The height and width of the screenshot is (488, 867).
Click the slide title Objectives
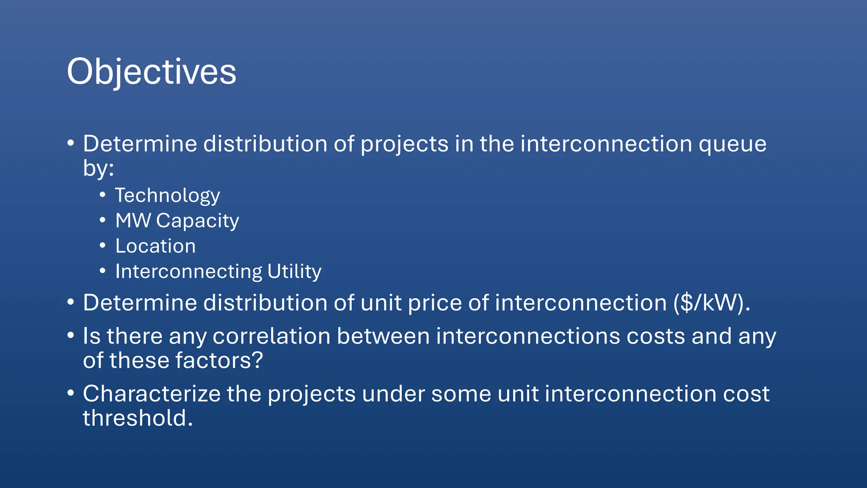[x=152, y=72]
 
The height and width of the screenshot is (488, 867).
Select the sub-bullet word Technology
[x=168, y=196]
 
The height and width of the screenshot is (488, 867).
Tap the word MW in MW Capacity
[x=133, y=221]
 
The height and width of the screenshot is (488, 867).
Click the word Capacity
[x=198, y=221]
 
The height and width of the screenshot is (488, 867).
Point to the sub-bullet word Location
[x=155, y=246]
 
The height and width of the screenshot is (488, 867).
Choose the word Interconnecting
[x=189, y=272]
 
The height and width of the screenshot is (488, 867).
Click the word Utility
[x=294, y=272]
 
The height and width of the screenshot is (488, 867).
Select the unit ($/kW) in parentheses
[x=712, y=303]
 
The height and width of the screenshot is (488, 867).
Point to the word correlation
[x=271, y=336]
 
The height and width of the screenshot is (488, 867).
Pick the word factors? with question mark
[x=219, y=360]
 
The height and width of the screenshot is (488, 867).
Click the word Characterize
[x=152, y=394]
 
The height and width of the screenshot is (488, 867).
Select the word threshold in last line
[x=138, y=418]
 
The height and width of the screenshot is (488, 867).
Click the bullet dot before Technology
[x=102, y=195]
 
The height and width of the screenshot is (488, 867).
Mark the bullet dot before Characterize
[x=71, y=393]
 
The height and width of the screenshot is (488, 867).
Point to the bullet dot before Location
[x=102, y=245]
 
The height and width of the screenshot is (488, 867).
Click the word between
[x=383, y=336]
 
